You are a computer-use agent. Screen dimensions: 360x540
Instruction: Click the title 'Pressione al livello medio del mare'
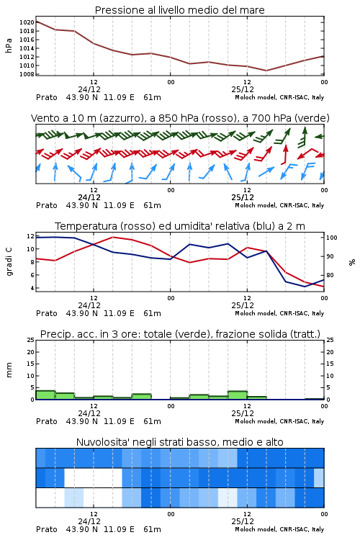pos(179,10)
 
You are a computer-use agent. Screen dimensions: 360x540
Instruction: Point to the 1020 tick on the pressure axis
pos(27,22)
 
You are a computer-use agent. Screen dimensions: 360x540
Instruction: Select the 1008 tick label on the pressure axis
pos(27,74)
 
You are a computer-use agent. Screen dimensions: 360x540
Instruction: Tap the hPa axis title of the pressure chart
pos(9,45)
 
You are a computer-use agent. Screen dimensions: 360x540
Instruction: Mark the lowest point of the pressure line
pos(266,71)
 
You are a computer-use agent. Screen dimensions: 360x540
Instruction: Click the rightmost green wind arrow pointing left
pos(320,137)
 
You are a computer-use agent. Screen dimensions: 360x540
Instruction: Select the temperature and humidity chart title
pos(179,226)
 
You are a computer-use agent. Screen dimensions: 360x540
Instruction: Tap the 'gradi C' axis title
pos(9,262)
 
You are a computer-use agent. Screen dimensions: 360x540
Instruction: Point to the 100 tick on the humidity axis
pos(331,238)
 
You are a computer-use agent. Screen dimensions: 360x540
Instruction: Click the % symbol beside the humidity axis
pos(352,262)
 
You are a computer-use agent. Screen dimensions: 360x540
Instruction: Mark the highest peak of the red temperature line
pos(112,237)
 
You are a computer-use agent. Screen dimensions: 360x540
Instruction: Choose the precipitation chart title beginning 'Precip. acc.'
pos(180,334)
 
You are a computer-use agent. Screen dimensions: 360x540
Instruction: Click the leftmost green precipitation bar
pos(45,395)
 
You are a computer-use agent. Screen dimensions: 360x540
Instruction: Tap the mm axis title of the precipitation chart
pos(9,370)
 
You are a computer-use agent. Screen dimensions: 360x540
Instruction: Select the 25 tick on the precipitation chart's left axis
pos(31,340)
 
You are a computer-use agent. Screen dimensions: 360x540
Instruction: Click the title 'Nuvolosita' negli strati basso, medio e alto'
pos(179,442)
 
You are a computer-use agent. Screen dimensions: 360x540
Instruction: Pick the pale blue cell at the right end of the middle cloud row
pos(319,477)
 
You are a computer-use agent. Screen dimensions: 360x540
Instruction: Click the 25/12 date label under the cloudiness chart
pos(243,521)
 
